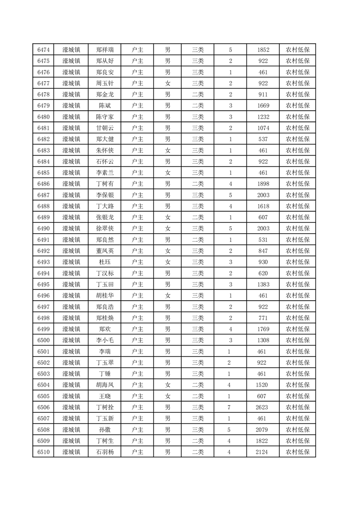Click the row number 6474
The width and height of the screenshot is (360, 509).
click(44, 50)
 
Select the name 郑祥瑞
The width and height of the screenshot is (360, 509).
click(105, 50)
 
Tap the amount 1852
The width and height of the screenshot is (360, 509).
click(263, 50)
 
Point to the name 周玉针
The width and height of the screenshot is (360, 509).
click(105, 83)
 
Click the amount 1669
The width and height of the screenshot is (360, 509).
click(263, 106)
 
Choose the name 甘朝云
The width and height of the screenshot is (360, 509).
click(105, 128)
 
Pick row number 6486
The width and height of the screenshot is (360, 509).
click(44, 184)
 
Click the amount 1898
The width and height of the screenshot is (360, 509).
click(263, 184)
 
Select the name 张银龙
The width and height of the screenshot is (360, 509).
click(105, 217)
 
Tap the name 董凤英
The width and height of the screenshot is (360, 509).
click(105, 251)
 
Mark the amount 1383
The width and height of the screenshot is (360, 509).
click(263, 284)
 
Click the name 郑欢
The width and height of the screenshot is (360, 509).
click(105, 329)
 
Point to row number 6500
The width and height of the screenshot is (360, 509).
click(44, 340)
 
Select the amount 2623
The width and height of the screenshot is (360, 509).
click(263, 407)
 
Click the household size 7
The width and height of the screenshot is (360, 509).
click(230, 407)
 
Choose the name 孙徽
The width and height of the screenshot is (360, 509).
click(105, 430)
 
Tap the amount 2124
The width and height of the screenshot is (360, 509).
click(263, 452)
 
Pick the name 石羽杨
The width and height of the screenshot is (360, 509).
click(105, 452)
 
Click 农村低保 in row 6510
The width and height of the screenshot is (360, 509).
click(297, 452)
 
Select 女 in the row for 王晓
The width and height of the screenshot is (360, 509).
click(168, 396)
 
